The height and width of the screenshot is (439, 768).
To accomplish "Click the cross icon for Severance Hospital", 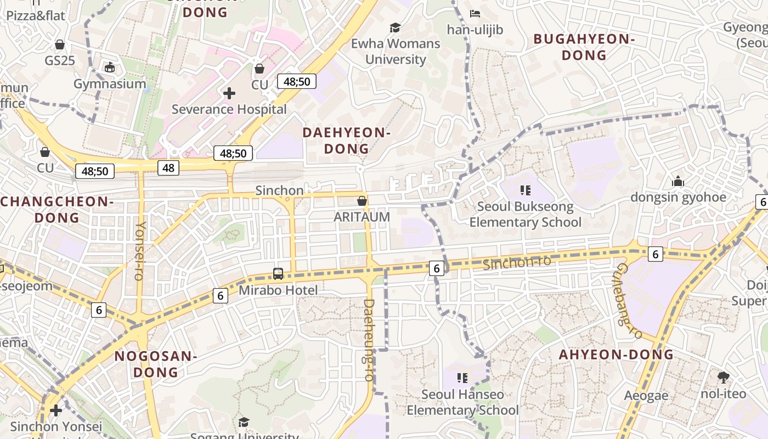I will [x=229, y=93].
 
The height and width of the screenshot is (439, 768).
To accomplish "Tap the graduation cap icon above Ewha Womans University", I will [x=395, y=27].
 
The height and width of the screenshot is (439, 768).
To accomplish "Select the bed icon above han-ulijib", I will [x=475, y=13].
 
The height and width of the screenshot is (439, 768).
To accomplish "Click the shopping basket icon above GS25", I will [x=60, y=44].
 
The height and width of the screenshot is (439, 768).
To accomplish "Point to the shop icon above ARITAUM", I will [x=362, y=201].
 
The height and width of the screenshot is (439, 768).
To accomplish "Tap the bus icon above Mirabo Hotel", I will [x=278, y=273].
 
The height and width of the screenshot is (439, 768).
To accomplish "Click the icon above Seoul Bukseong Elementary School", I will [x=525, y=190].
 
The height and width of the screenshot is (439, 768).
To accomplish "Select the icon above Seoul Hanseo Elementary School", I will [x=462, y=378].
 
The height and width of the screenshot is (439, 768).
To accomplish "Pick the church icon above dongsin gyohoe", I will [x=678, y=181].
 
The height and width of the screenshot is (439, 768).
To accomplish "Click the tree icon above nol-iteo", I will [x=724, y=377].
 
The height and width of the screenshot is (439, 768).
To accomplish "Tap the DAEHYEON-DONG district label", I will [x=346, y=140].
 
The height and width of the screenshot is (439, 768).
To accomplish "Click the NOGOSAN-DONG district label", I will [x=156, y=364].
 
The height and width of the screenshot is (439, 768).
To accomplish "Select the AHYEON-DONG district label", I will [x=616, y=354].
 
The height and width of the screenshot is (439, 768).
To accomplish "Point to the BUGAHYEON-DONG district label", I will [x=584, y=47].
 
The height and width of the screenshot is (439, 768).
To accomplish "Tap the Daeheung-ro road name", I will [x=369, y=340].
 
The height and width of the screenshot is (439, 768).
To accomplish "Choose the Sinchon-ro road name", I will [x=517, y=262].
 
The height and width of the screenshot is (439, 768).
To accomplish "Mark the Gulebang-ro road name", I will [x=628, y=301].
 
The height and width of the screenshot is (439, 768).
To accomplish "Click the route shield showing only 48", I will [x=168, y=168].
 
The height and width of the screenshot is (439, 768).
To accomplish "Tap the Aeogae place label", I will [x=646, y=396].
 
